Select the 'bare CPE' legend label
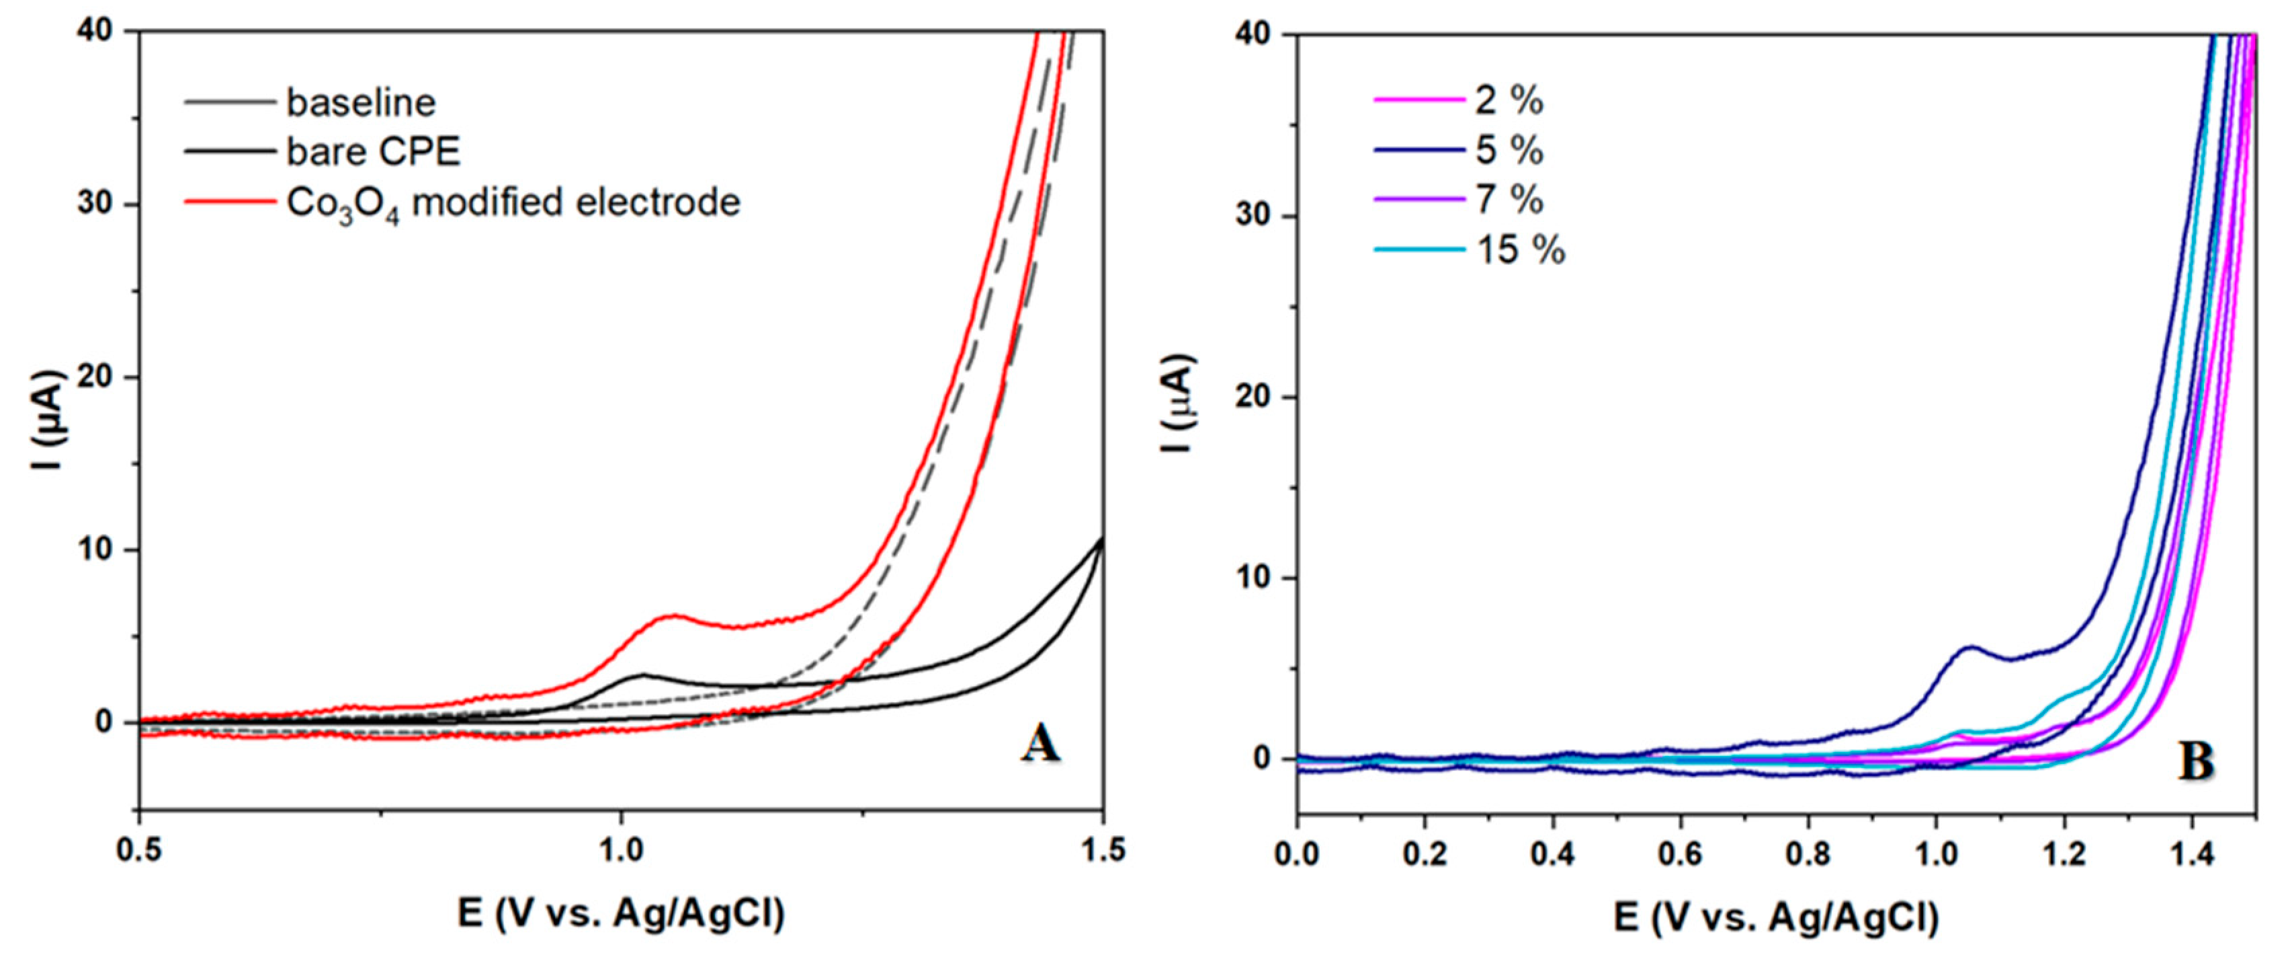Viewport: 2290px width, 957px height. point(374,152)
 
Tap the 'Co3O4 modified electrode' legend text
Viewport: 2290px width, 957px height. point(513,204)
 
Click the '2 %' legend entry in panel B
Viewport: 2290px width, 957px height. point(1509,100)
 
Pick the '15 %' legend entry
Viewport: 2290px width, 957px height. point(1520,250)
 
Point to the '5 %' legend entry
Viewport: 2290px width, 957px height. point(1509,151)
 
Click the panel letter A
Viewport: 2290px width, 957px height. point(1040,744)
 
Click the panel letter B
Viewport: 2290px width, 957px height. point(2196,762)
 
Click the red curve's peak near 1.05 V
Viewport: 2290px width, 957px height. point(672,615)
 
